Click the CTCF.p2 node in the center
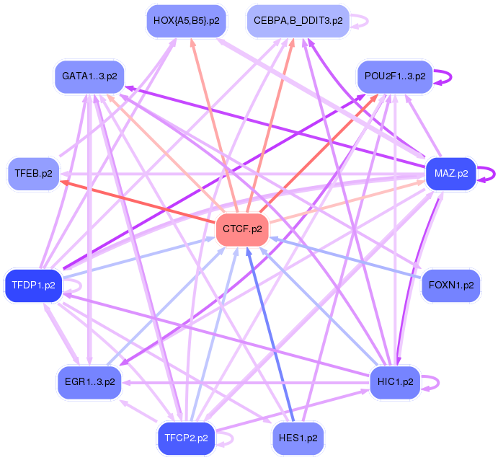pos(242,229)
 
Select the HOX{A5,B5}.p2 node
pos(187,21)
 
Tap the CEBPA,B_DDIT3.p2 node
pos(298,21)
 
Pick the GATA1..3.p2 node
pos(89,76)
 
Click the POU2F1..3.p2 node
pos(395,76)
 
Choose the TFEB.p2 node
pos(33,174)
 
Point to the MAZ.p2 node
pos(451,174)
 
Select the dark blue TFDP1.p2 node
pos(33,286)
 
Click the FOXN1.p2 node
pos(451,286)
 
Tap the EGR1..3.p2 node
pos(89,382)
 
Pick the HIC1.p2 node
pos(396,382)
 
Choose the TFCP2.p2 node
pos(187,438)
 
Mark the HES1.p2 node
pos(298,438)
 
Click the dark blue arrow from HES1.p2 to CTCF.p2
pos(270,335)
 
